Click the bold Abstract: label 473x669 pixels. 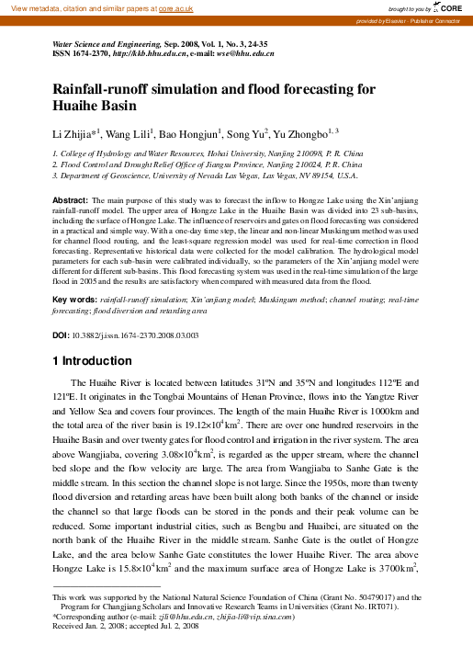70,199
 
